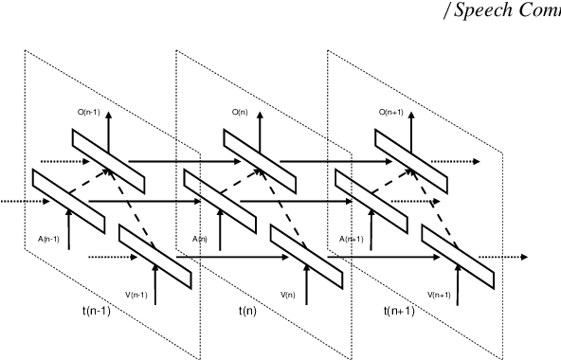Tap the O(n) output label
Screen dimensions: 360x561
point(241,113)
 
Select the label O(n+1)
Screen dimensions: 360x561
point(391,113)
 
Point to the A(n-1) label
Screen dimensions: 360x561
point(49,239)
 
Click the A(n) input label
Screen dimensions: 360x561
point(200,239)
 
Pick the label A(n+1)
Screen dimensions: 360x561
point(352,239)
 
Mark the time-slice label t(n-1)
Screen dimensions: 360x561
point(98,311)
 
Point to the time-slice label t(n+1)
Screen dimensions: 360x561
point(399,311)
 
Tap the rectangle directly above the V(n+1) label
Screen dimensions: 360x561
point(458,256)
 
